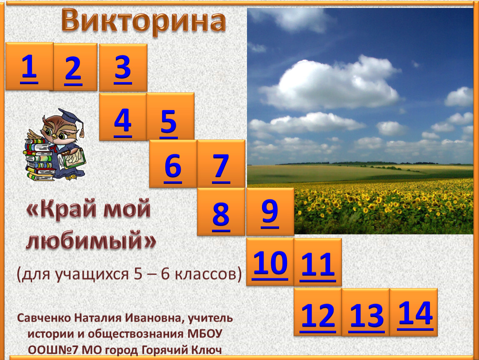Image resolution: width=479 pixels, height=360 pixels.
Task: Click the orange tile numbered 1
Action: [29, 66]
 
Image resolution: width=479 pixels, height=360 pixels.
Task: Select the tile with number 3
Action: [123, 67]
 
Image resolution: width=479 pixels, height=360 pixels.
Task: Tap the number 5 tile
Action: [170, 116]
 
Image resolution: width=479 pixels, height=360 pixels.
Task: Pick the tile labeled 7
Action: [221, 163]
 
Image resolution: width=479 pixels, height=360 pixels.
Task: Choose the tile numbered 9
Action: [270, 212]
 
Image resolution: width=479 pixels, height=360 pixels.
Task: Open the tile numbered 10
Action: [270, 262]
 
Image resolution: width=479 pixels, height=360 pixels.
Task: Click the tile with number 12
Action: [318, 312]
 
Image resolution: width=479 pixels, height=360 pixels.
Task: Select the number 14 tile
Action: [414, 312]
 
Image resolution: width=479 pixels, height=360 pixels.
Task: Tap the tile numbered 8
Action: [221, 212]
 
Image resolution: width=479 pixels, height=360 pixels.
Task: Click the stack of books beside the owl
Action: [39, 159]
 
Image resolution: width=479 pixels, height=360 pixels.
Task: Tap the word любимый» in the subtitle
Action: [91, 240]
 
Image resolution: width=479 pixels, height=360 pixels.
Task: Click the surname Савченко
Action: [44, 318]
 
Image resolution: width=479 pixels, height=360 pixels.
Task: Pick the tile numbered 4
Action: [123, 116]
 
